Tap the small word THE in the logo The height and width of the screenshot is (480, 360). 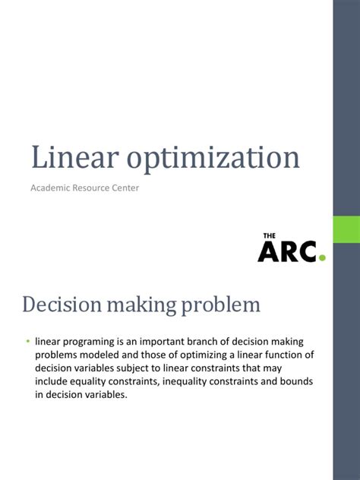tap(269, 237)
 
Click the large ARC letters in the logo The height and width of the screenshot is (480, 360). tap(287, 252)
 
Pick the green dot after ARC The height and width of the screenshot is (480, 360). tap(322, 257)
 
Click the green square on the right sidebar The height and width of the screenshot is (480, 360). tap(346, 229)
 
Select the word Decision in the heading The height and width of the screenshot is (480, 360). tap(63, 305)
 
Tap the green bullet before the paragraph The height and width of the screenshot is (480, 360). tap(27, 340)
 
